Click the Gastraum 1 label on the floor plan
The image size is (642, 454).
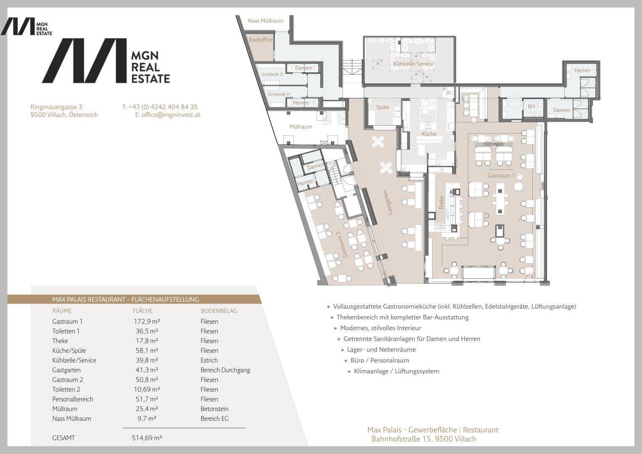tap(501, 176)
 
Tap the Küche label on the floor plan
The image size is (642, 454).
tap(429, 134)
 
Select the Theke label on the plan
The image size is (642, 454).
tap(441, 203)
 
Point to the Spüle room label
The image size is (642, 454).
tap(383, 107)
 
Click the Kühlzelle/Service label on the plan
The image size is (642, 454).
tap(413, 64)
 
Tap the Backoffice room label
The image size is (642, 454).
tap(261, 40)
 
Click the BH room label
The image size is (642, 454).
tap(531, 106)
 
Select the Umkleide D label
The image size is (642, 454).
tap(272, 74)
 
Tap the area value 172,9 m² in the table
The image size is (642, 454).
tap(146, 322)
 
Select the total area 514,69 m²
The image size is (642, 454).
tap(147, 438)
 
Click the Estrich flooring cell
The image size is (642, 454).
tap(209, 360)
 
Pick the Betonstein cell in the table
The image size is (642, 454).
tap(214, 409)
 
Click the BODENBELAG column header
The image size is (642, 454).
tap(219, 311)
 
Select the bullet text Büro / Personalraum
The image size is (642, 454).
tap(380, 360)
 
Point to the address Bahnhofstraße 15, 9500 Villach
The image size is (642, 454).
tap(424, 439)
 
